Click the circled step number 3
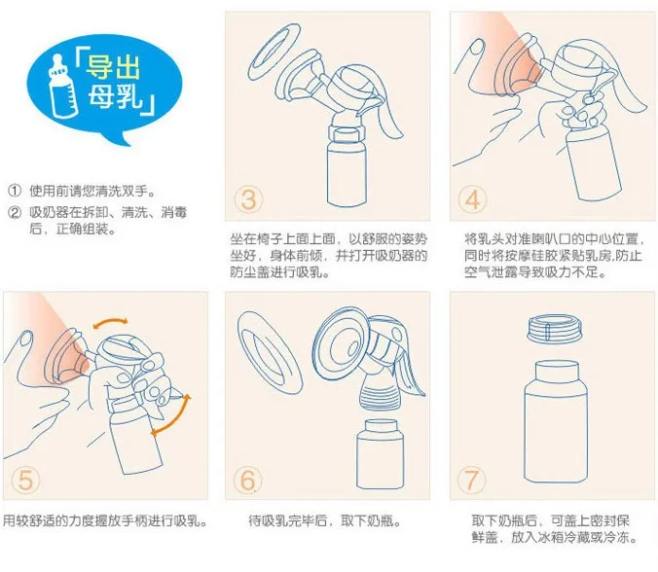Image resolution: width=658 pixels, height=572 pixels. coord(248,199)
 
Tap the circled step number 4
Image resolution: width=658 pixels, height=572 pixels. coord(472,199)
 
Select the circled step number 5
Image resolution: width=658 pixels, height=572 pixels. coord(25,480)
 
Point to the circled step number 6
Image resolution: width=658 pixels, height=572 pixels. coord(248,480)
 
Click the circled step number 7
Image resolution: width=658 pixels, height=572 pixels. coord(472,480)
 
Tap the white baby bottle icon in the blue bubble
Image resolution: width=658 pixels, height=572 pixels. coord(62,85)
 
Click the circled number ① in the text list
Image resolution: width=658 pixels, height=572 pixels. coord(15,191)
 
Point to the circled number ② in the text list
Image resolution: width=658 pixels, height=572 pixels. coord(15,213)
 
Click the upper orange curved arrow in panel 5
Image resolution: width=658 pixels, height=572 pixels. coord(110,322)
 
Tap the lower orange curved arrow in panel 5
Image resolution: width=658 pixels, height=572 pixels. coord(176,418)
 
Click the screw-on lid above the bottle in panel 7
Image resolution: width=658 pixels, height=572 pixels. coord(556,330)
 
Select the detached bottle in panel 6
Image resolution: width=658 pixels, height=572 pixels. coord(381,454)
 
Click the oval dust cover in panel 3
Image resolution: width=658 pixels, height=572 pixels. coord(274,52)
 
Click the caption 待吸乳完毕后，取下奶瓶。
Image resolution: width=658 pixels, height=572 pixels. coord(325,520)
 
